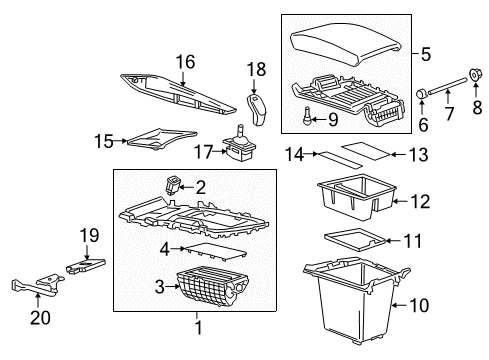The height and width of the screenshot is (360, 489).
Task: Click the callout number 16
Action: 183,62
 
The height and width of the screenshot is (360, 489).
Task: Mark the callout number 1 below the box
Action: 195,352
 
